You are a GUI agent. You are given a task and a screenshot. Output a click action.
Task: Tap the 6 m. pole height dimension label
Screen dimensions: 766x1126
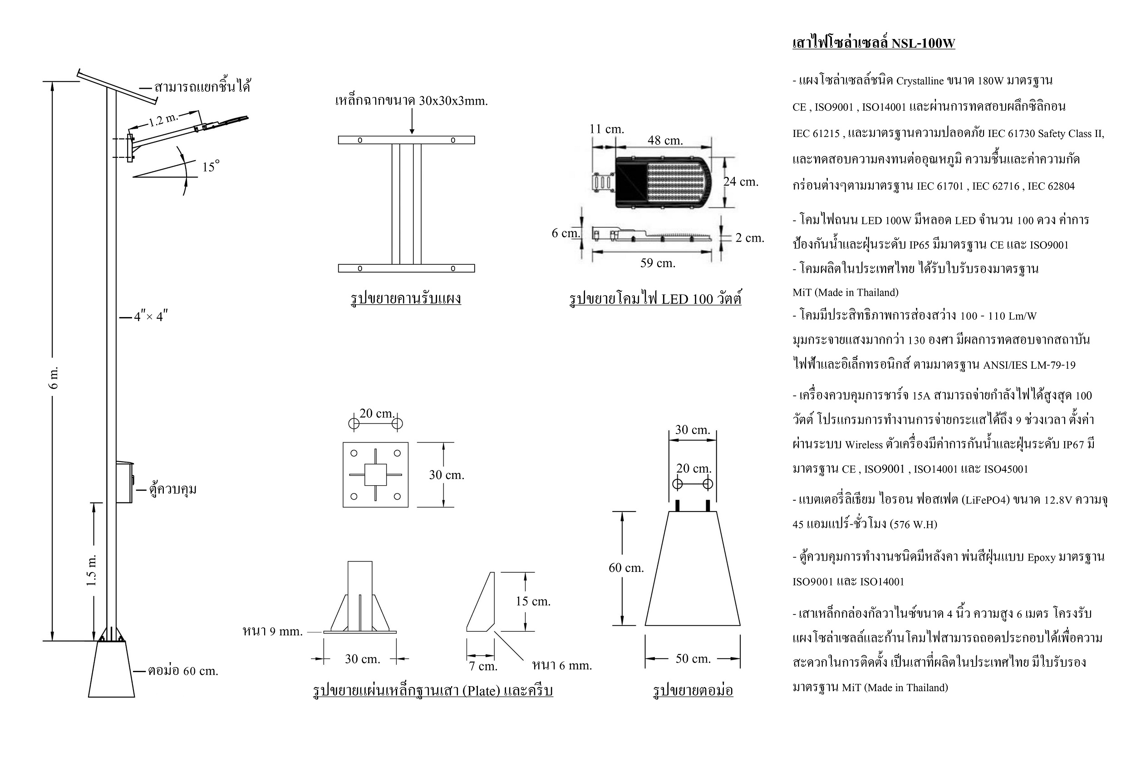pyautogui.click(x=54, y=378)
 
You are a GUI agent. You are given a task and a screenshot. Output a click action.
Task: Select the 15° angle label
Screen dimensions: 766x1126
pyautogui.click(x=211, y=166)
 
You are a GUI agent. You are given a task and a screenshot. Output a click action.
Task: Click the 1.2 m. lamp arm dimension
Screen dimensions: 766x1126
pyautogui.click(x=163, y=119)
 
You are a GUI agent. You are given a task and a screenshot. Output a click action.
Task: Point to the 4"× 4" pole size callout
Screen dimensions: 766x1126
pyautogui.click(x=151, y=317)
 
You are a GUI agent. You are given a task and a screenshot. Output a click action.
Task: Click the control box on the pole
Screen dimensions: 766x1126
pyautogui.click(x=124, y=483)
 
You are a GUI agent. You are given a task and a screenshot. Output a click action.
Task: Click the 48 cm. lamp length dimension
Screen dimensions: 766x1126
pyautogui.click(x=665, y=141)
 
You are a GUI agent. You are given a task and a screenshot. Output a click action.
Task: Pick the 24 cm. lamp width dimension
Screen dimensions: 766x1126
pyautogui.click(x=740, y=181)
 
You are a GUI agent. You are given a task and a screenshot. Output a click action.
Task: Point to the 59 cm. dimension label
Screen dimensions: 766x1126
pyautogui.click(x=658, y=263)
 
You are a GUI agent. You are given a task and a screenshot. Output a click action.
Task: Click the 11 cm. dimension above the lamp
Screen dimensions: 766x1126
pyautogui.click(x=607, y=129)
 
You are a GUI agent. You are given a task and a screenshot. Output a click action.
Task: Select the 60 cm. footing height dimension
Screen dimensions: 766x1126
pyautogui.click(x=626, y=568)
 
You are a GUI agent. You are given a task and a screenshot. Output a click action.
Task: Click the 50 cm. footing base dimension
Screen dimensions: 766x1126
pyautogui.click(x=693, y=659)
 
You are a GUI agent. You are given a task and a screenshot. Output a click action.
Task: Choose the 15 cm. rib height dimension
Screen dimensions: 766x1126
pyautogui.click(x=533, y=601)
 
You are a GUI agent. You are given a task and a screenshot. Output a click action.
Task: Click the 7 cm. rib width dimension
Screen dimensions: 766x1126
pyautogui.click(x=483, y=666)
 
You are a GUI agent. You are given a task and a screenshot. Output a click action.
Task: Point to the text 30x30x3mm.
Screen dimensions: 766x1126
pyautogui.click(x=453, y=101)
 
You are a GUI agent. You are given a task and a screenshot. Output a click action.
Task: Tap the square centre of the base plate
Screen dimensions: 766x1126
pyautogui.click(x=375, y=474)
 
